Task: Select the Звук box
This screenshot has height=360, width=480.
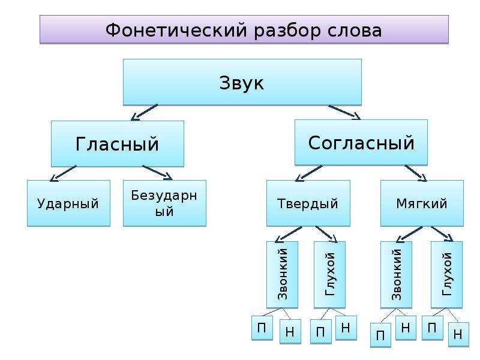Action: click(242, 82)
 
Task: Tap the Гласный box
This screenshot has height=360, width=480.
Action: click(117, 143)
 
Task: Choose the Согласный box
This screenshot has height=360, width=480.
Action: click(361, 143)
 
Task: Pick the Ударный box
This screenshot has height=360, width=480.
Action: click(68, 203)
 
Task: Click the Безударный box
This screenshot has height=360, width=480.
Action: click(164, 203)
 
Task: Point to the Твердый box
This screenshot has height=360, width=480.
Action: click(308, 203)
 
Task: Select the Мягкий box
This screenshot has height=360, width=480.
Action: click(422, 203)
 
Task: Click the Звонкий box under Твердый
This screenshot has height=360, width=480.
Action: click(282, 275)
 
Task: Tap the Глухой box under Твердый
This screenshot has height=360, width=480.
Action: click(329, 275)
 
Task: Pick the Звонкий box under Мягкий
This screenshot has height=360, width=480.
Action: click(396, 275)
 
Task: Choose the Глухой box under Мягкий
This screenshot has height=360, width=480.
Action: click(446, 275)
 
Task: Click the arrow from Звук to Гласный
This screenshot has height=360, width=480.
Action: click(144, 112)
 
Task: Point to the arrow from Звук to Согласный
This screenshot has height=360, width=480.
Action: click(344, 112)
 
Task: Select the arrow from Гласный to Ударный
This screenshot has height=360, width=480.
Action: click(64, 173)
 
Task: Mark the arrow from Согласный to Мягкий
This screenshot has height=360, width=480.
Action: click(416, 173)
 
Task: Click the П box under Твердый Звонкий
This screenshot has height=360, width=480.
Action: click(262, 328)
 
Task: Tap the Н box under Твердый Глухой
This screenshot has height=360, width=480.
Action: click(346, 328)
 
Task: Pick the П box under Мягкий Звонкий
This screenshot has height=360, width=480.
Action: click(380, 335)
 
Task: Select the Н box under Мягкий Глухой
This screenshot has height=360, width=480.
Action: click(458, 335)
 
